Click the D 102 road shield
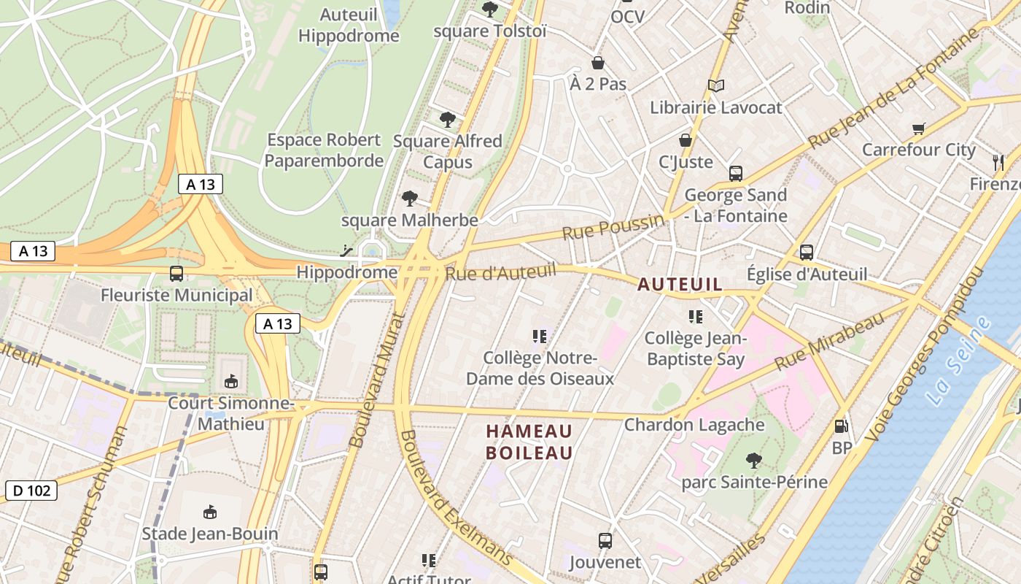(31, 491)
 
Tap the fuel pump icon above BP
(842, 426)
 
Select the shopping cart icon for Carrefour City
(919, 129)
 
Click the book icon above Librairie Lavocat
(716, 86)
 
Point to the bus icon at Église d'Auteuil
(807, 253)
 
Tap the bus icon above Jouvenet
(605, 541)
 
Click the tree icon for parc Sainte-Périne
(754, 460)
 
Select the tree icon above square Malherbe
(410, 198)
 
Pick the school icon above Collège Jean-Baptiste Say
(695, 317)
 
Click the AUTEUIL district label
(680, 285)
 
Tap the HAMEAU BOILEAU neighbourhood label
(529, 442)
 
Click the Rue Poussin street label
(613, 227)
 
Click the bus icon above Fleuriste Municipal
(176, 274)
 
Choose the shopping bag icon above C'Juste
(686, 140)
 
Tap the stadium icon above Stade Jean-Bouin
(210, 512)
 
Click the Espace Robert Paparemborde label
(324, 150)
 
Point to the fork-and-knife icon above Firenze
(998, 162)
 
